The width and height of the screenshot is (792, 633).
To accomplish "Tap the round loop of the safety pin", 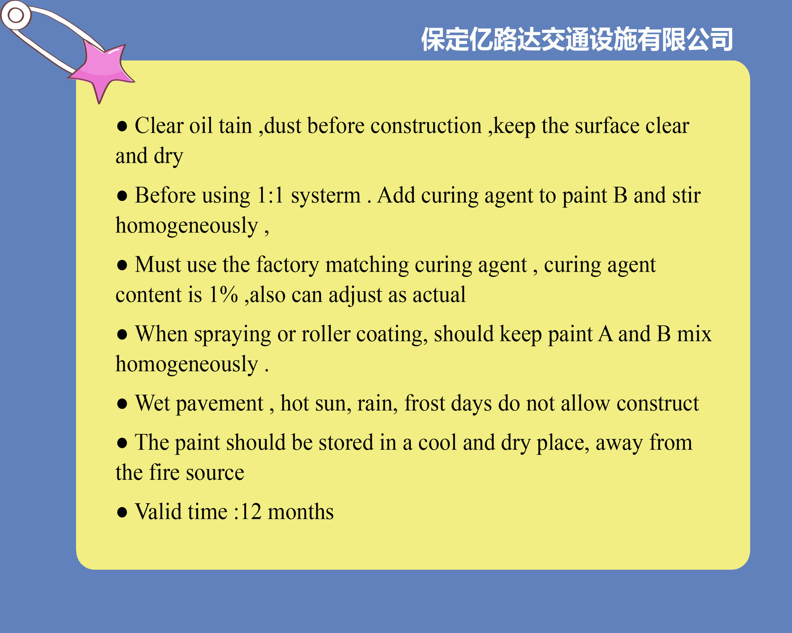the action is coord(16,16).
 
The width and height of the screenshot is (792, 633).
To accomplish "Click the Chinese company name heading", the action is coord(577,40).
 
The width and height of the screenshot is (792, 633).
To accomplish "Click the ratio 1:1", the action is coord(271,195).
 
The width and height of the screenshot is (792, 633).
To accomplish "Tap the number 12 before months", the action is coord(251,512).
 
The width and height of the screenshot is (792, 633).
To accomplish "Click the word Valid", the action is coord(160,511).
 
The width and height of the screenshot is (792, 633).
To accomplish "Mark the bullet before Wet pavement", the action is coord(122,403).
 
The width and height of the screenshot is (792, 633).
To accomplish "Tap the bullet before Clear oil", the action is coord(122,126).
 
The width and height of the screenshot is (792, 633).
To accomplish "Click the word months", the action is coord(301,512).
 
